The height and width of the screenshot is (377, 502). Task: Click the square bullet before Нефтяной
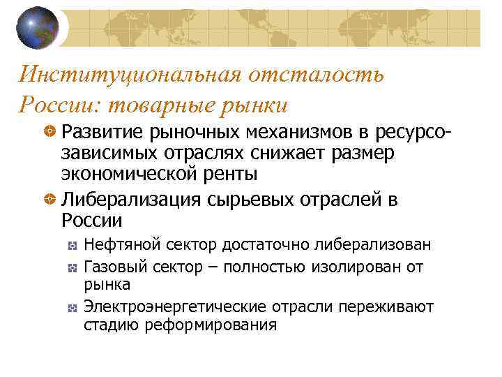coord(72,246)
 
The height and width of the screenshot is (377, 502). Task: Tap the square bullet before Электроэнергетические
coord(72,307)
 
